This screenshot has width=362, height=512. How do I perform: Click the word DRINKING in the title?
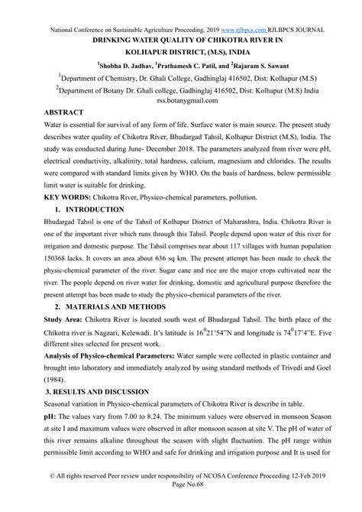[x=119, y=41]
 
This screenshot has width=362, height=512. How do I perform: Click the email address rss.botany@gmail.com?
[x=181, y=105]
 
